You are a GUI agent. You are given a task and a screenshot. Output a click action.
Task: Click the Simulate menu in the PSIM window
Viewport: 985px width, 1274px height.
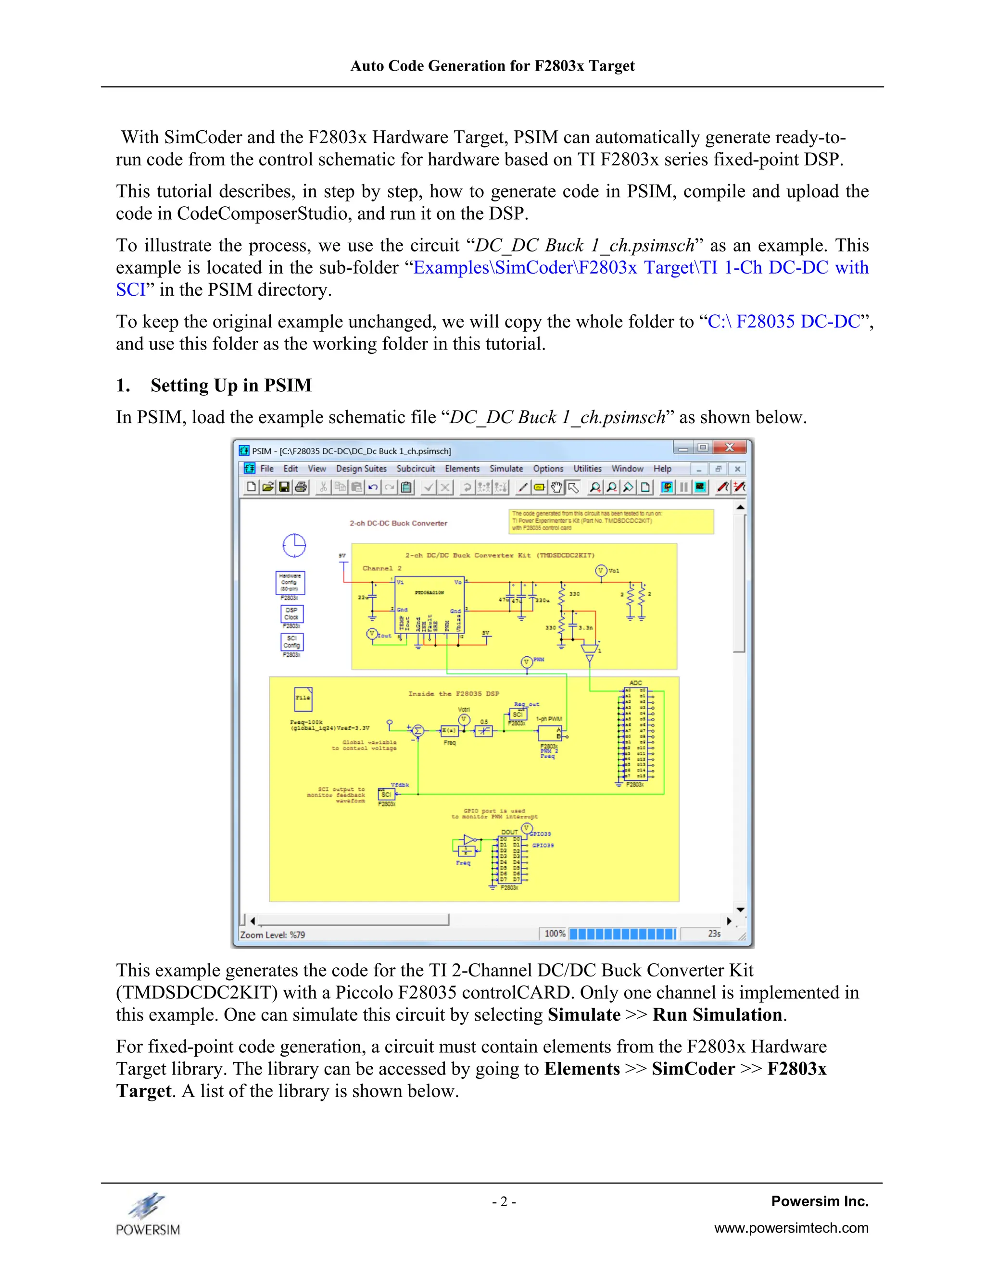506,468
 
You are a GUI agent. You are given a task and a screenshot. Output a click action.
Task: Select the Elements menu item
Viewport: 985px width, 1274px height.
462,468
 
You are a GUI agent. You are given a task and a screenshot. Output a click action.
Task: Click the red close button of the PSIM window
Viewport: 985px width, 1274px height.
730,448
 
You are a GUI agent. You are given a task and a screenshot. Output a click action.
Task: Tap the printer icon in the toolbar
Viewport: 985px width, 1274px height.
301,487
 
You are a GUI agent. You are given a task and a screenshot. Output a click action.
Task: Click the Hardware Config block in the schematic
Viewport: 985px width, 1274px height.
290,582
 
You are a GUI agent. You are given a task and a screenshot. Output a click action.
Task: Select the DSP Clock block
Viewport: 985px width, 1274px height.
291,613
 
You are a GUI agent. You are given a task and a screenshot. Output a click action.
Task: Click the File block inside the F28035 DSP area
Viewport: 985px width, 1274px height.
303,698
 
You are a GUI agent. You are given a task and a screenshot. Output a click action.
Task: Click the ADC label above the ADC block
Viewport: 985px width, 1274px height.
635,683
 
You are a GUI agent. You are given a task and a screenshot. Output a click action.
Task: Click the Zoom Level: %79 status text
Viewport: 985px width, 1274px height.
273,935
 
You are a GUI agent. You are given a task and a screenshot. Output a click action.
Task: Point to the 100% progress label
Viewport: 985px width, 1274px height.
555,933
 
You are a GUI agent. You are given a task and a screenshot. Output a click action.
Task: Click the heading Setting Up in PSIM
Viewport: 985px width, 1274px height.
230,386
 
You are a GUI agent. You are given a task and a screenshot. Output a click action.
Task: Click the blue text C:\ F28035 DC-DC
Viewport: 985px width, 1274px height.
783,322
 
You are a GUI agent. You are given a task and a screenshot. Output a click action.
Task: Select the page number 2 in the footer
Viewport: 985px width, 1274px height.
504,1202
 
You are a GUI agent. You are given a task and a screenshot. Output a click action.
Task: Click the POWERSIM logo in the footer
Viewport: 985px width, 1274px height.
148,1214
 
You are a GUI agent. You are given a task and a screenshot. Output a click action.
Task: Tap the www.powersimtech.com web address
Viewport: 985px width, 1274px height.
791,1228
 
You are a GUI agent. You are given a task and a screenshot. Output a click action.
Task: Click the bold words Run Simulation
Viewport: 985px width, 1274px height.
717,1015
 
